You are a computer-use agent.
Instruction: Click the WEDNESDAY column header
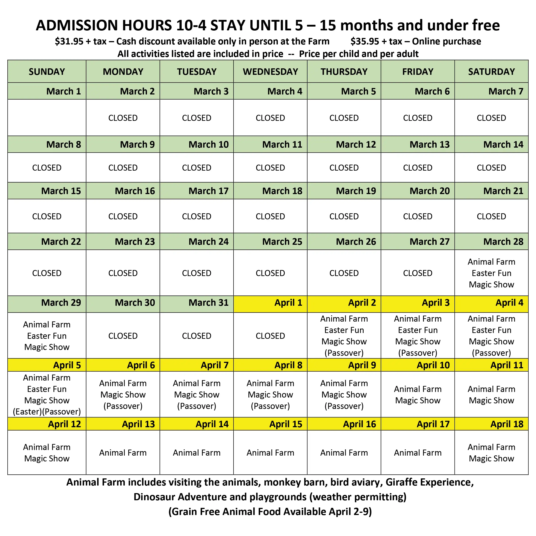[x=270, y=71]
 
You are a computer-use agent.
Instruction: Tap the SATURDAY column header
[x=491, y=71]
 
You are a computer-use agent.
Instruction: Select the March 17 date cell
[x=208, y=191]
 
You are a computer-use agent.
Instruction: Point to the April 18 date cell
[x=507, y=424]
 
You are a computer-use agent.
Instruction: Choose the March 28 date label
[x=503, y=242]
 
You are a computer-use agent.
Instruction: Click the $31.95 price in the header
[x=69, y=41]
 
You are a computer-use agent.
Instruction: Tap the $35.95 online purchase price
[x=364, y=41]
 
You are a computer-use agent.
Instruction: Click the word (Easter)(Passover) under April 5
[x=47, y=411]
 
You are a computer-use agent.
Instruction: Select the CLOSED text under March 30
[x=123, y=336]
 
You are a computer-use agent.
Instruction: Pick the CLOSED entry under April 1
[x=270, y=336]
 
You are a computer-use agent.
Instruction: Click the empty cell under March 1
[x=47, y=118]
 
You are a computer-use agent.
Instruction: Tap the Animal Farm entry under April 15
[x=270, y=453]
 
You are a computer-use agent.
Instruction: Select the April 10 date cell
[x=433, y=365]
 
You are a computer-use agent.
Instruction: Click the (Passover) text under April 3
[x=418, y=353]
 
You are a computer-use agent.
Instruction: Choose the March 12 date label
[x=356, y=144]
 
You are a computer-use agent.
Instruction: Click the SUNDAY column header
[x=47, y=71]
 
